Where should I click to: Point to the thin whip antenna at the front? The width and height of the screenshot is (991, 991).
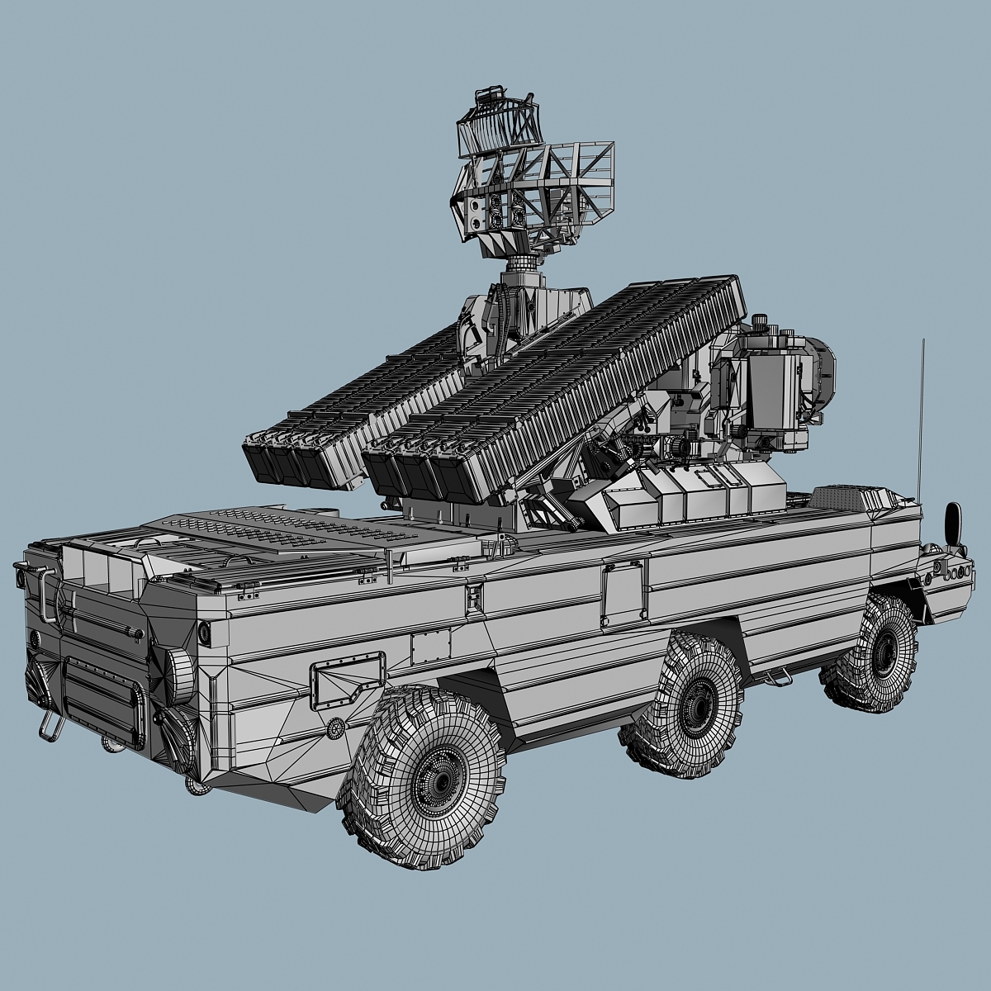coord(921,413)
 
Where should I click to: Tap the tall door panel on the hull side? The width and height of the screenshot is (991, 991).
coord(621,591)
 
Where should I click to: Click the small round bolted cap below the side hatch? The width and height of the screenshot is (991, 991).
coord(335,728)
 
